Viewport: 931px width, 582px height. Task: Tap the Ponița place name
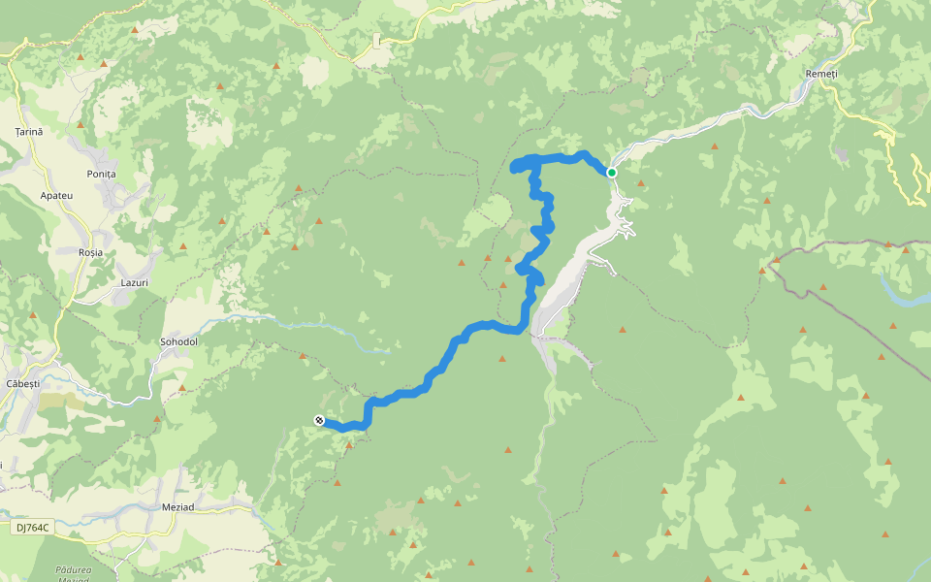click(x=101, y=174)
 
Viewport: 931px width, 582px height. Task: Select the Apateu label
click(x=56, y=195)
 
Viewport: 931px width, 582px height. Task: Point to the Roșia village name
click(x=90, y=252)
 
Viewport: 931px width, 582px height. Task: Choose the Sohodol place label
click(x=178, y=342)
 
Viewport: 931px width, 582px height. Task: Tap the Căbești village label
click(x=22, y=384)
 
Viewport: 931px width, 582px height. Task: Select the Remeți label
click(x=820, y=75)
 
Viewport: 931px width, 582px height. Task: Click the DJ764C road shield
click(x=32, y=528)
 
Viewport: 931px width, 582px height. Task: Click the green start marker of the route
click(x=612, y=173)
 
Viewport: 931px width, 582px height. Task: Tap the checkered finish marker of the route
click(x=318, y=419)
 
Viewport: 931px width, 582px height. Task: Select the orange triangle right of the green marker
click(x=640, y=182)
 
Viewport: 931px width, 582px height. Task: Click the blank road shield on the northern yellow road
click(x=376, y=41)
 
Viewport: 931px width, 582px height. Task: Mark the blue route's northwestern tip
click(x=514, y=167)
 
